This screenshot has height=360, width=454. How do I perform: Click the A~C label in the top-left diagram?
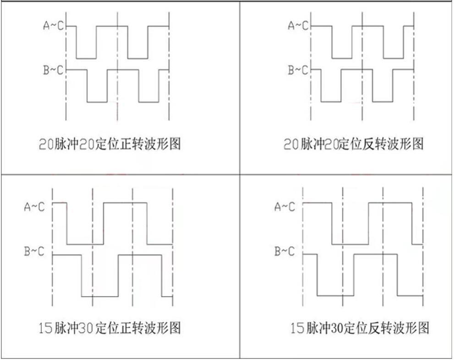tap(54, 26)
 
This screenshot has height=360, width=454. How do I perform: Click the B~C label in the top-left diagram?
tap(54, 70)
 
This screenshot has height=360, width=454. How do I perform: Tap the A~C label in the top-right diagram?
tap(298, 26)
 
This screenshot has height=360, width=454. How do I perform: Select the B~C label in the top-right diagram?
tap(298, 70)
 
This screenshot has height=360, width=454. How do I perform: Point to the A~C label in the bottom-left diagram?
tap(34, 207)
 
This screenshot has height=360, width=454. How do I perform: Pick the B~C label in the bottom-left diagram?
tap(34, 252)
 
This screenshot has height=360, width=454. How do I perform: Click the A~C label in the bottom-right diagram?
tap(285, 207)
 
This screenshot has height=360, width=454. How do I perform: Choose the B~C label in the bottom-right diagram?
tap(285, 251)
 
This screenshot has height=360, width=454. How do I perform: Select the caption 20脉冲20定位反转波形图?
tap(354, 144)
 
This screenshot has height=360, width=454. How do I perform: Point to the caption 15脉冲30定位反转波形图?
tap(360, 328)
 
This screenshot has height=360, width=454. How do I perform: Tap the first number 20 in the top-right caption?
tap(291, 145)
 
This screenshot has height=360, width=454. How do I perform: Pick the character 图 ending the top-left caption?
tap(174, 144)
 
